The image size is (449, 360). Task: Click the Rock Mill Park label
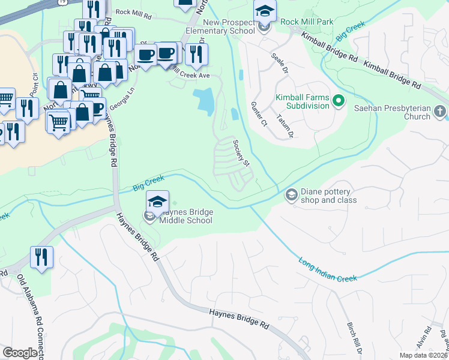pos(307,22)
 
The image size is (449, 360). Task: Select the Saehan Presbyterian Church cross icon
pos(441,112)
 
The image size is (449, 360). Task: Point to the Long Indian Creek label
pos(328,268)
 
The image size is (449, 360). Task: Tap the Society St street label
pos(241,152)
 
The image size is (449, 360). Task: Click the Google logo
pos(20,353)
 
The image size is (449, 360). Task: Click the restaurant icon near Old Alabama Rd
pos(41,257)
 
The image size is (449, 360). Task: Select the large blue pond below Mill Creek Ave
pos(203,101)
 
